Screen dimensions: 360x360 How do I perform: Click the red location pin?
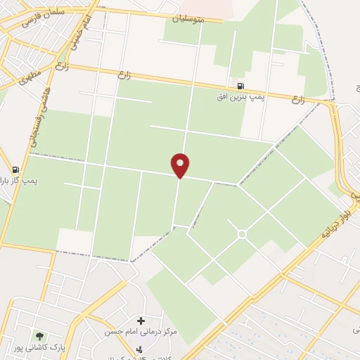pos(180,165)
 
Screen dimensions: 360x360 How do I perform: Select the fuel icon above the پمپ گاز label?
pos(15,169)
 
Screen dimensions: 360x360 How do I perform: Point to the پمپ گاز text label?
pos(13,180)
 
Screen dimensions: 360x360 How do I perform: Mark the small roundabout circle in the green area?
pos(242,233)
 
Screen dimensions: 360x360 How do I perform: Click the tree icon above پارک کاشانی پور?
pos(39,337)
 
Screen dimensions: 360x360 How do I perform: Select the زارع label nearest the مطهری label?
pos(62,69)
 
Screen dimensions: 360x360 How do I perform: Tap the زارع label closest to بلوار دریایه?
pos(298,101)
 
